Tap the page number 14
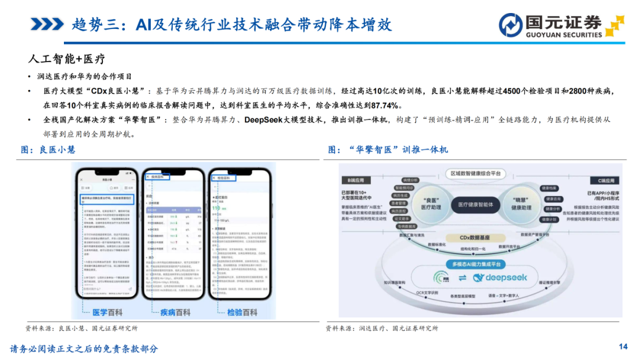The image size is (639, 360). pyautogui.click(x=622, y=346)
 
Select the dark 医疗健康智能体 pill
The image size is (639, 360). pyautogui.click(x=479, y=204)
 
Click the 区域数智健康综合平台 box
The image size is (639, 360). pyautogui.click(x=480, y=173)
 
